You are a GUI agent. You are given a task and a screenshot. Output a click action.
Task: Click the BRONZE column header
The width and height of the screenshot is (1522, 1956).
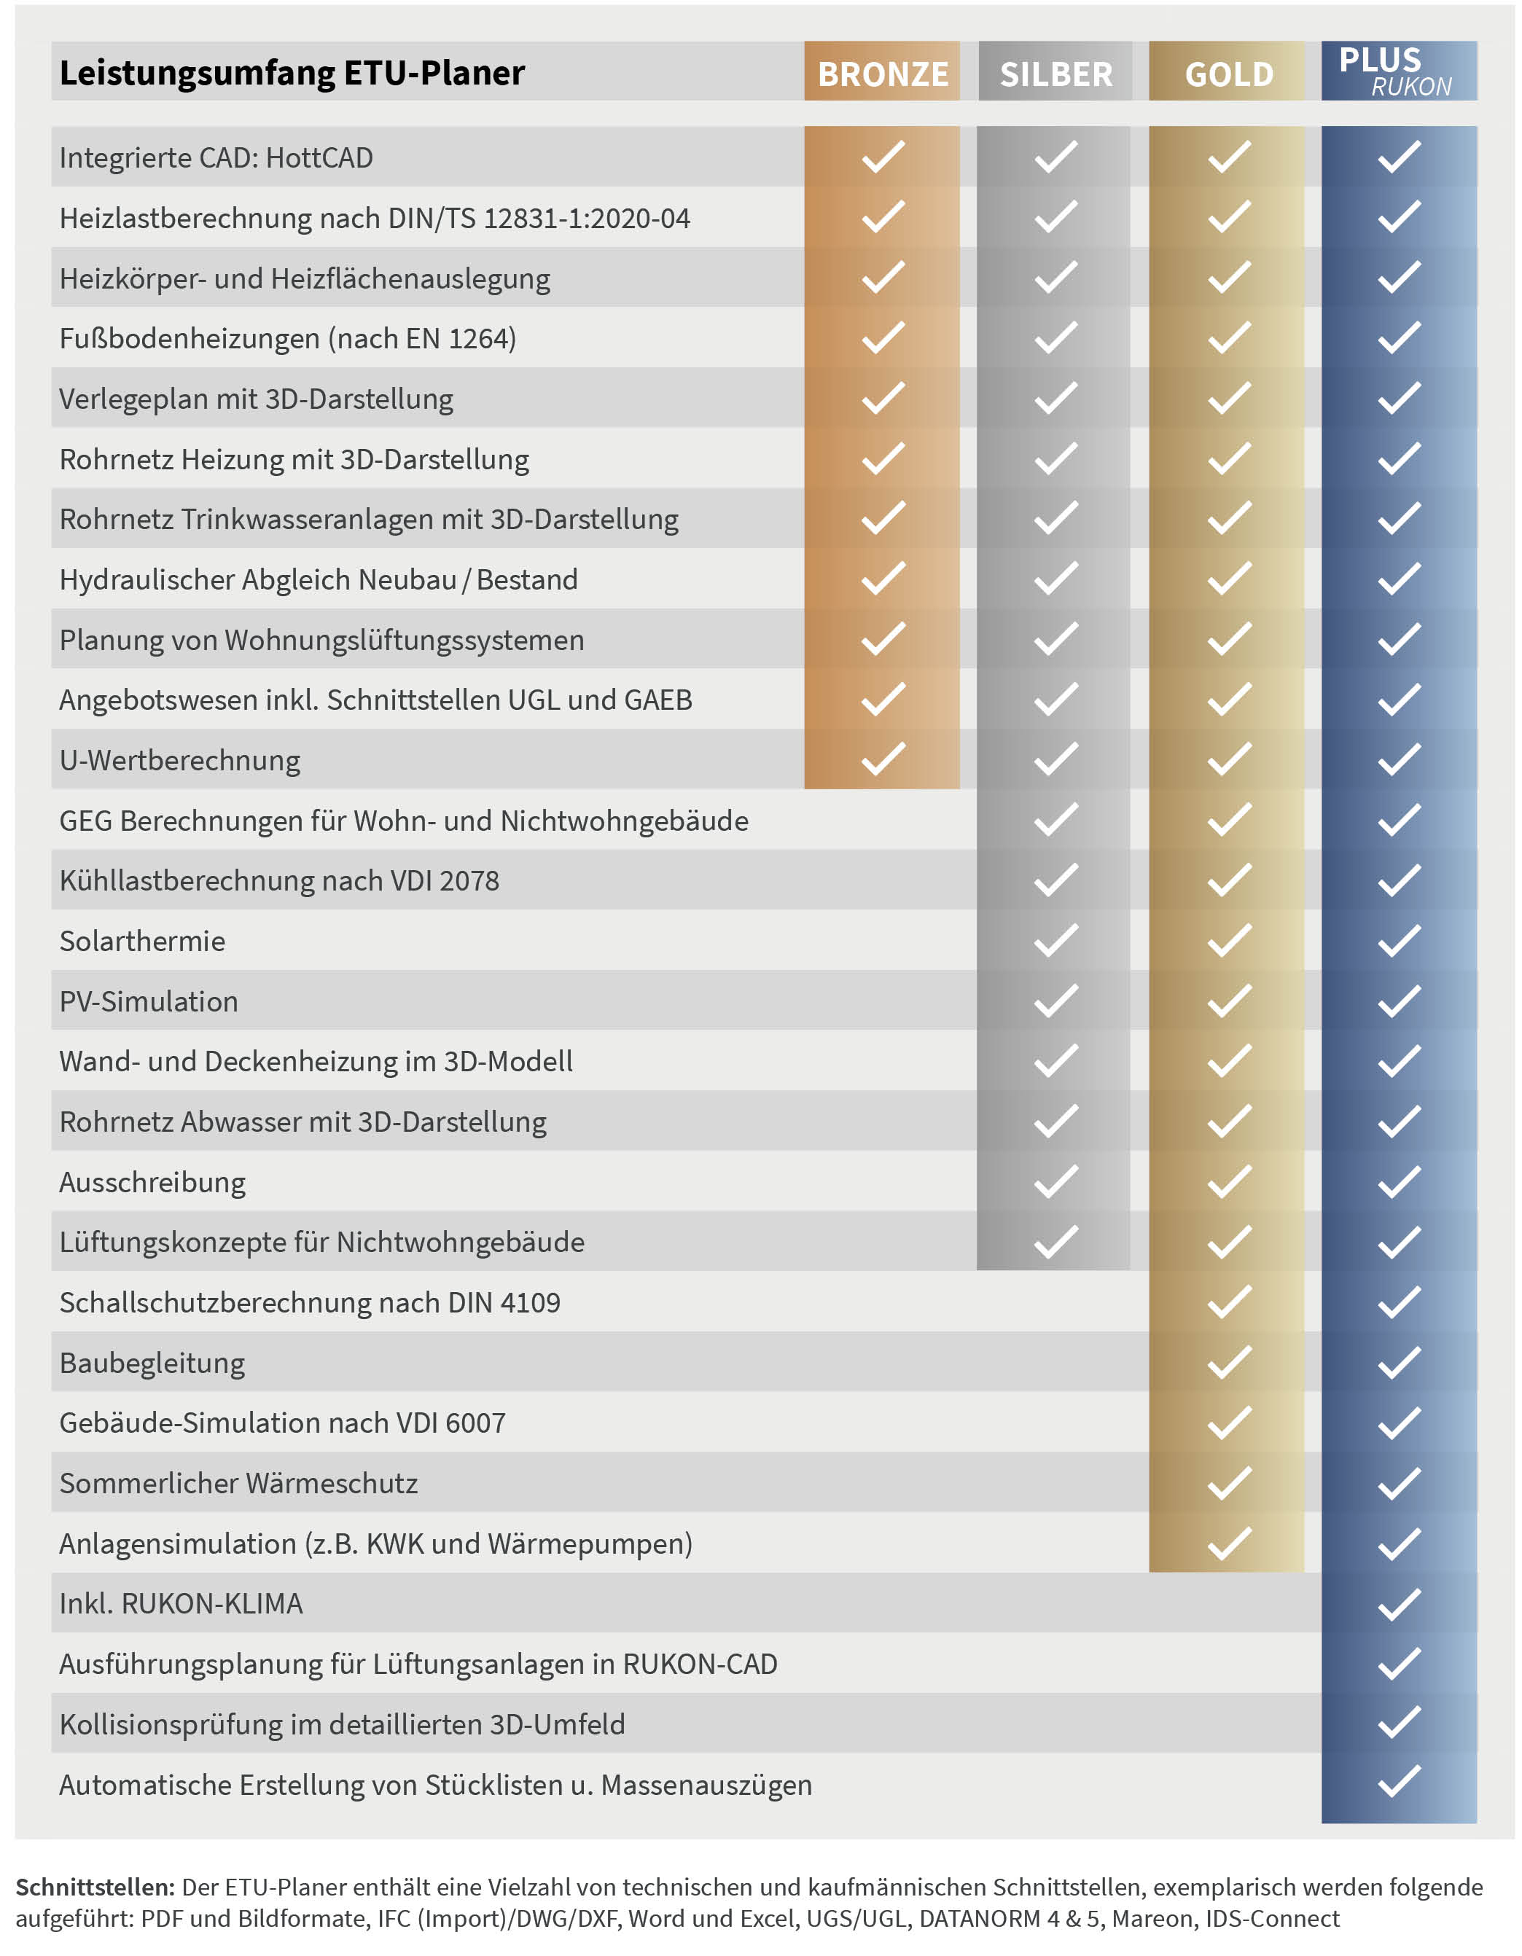(883, 74)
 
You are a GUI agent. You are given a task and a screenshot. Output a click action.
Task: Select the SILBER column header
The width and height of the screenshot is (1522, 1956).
(1055, 74)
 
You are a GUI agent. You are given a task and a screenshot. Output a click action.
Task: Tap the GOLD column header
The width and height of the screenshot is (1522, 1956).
(1228, 74)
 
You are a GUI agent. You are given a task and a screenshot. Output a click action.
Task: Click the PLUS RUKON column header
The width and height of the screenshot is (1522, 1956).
(1397, 71)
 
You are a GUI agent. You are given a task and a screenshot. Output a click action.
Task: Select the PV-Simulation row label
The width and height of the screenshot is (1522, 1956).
(149, 1001)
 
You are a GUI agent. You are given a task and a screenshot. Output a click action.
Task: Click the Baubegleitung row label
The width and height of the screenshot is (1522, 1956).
(152, 1363)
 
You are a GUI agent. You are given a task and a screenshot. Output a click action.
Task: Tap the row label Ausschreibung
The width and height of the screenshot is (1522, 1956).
(152, 1182)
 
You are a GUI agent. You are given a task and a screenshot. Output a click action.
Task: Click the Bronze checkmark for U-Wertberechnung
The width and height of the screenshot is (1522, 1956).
(883, 759)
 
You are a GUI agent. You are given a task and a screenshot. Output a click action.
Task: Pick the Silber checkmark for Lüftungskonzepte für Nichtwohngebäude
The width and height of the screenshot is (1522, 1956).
(1055, 1243)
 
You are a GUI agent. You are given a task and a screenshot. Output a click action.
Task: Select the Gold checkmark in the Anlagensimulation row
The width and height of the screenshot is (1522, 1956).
(1229, 1543)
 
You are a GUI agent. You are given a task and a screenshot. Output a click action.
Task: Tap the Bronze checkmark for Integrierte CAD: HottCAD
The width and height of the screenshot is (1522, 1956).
(883, 157)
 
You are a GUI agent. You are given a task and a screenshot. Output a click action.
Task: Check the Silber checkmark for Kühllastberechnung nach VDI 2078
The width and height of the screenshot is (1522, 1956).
(1055, 880)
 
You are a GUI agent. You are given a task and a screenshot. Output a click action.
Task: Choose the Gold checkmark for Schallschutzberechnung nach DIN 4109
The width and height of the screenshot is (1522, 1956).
(1229, 1302)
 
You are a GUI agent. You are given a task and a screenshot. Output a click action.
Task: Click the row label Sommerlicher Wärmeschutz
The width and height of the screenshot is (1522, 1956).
(238, 1483)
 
